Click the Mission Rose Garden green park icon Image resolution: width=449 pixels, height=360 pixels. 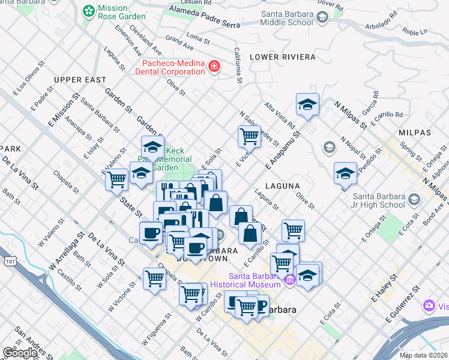click(89, 11)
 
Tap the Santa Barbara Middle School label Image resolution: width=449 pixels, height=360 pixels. click(286, 18)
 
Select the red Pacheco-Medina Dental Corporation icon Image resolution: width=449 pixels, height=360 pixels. click(214, 67)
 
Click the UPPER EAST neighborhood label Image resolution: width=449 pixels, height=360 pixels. click(80, 80)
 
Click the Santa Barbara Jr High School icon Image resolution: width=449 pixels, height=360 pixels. click(414, 199)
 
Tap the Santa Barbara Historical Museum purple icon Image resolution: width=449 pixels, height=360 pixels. click(290, 280)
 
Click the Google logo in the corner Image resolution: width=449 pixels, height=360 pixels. click(20, 353)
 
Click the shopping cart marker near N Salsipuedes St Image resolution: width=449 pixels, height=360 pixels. click(249, 137)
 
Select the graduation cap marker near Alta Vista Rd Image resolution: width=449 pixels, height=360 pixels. click(307, 104)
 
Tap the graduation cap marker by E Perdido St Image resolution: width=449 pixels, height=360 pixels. click(345, 173)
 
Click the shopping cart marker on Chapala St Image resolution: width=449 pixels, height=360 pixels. click(154, 278)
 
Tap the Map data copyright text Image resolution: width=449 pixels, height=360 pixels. click(424, 355)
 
